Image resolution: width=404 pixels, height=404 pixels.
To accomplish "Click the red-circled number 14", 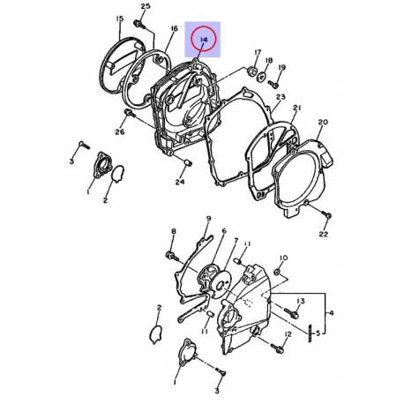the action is pyautogui.click(x=204, y=40).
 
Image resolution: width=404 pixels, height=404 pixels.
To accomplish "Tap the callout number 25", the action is pyautogui.click(x=146, y=6).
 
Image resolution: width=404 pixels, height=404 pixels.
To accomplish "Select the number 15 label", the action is pyautogui.click(x=120, y=19).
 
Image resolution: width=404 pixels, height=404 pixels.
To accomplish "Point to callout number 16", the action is pyautogui.click(x=174, y=28).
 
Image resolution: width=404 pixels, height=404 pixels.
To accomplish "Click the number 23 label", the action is pyautogui.click(x=281, y=97).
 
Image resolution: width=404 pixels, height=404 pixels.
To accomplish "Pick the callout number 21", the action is pyautogui.click(x=297, y=108).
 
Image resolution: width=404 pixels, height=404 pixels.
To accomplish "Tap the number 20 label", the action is pyautogui.click(x=323, y=122).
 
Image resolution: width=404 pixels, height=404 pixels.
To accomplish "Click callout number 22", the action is pyautogui.click(x=324, y=234).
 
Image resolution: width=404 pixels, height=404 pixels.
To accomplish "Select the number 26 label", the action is pyautogui.click(x=120, y=131).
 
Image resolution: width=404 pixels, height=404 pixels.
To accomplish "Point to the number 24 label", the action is pyautogui.click(x=180, y=182).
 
